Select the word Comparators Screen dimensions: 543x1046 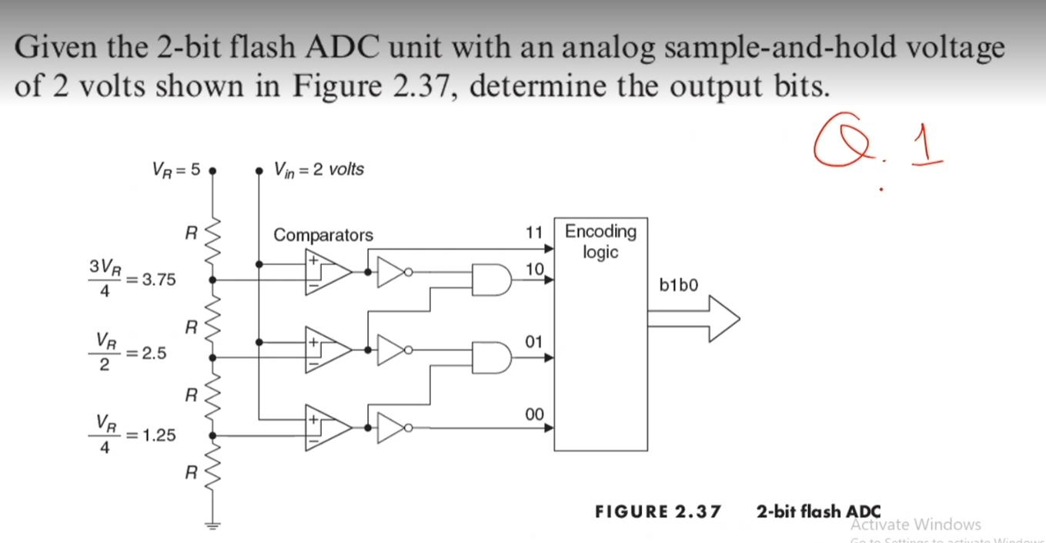click(323, 235)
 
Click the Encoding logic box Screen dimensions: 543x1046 click(600, 335)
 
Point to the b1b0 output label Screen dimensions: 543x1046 click(679, 285)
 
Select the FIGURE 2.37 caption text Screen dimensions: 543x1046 click(658, 511)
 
